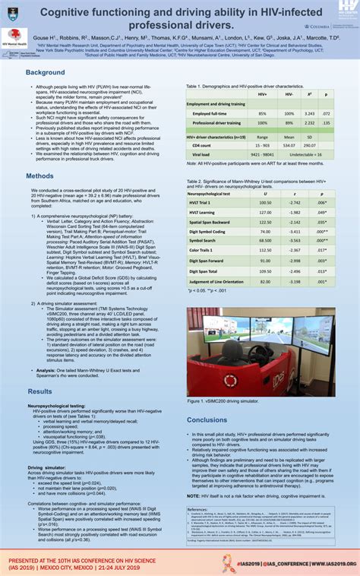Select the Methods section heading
39,176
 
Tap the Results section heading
39,391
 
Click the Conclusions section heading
207,419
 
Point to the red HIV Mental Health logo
13,37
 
